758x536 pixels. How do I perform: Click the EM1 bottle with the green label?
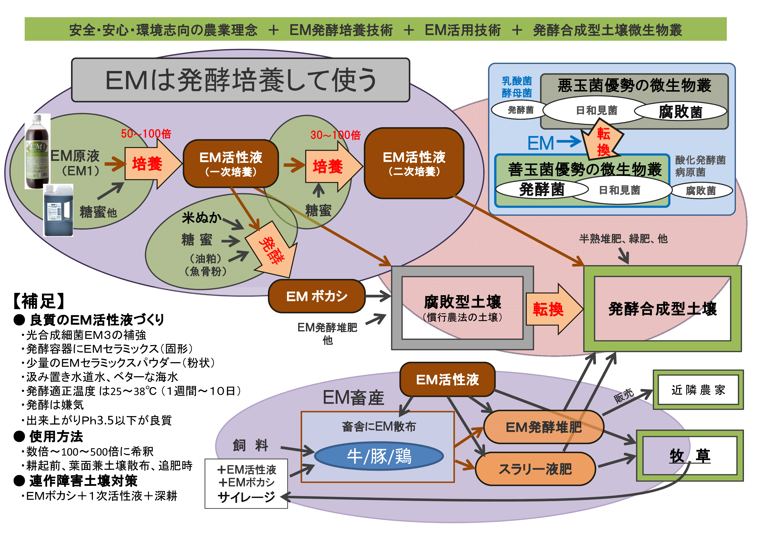click(37, 152)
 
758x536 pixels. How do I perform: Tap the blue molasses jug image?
click(58, 211)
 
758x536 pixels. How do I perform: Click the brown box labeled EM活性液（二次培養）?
click(414, 163)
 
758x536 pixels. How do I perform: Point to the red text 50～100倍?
click(146, 134)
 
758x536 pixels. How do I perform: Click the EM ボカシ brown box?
click(317, 296)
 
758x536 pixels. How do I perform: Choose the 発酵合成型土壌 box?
click(662, 309)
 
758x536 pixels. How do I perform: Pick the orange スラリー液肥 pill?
click(535, 469)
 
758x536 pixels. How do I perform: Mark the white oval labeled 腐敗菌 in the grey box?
click(680, 112)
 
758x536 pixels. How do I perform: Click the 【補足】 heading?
click(39, 301)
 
